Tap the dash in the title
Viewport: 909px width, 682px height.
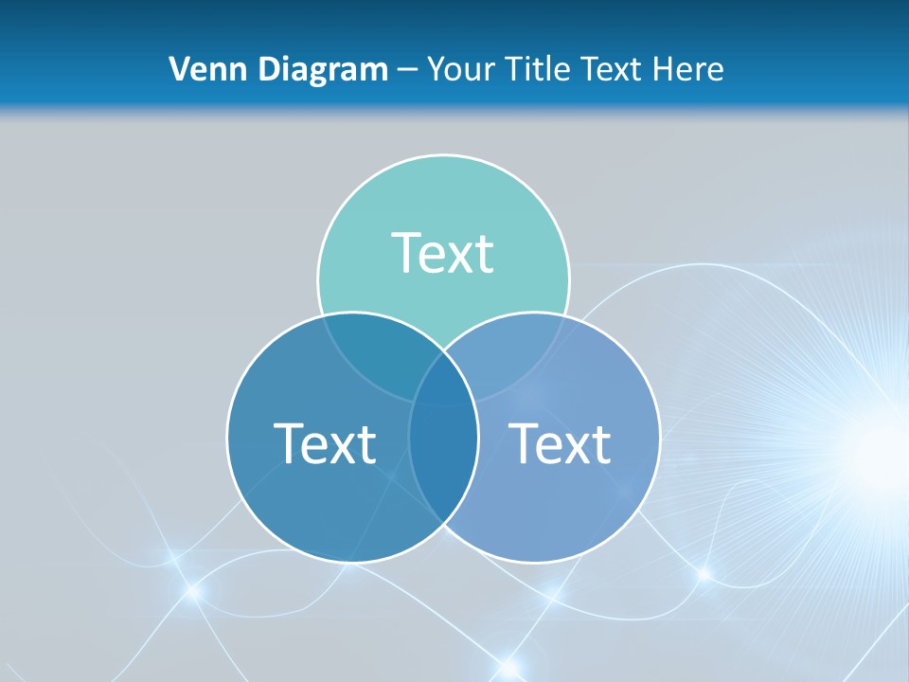[x=407, y=70]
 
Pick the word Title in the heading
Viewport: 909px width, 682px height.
[x=541, y=69]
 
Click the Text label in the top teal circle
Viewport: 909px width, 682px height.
[x=443, y=253]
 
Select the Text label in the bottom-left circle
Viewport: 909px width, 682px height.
[x=325, y=443]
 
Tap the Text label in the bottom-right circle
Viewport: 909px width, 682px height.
[x=560, y=443]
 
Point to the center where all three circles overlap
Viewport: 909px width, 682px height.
[x=443, y=384]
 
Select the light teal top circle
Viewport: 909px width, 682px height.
[x=443, y=208]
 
